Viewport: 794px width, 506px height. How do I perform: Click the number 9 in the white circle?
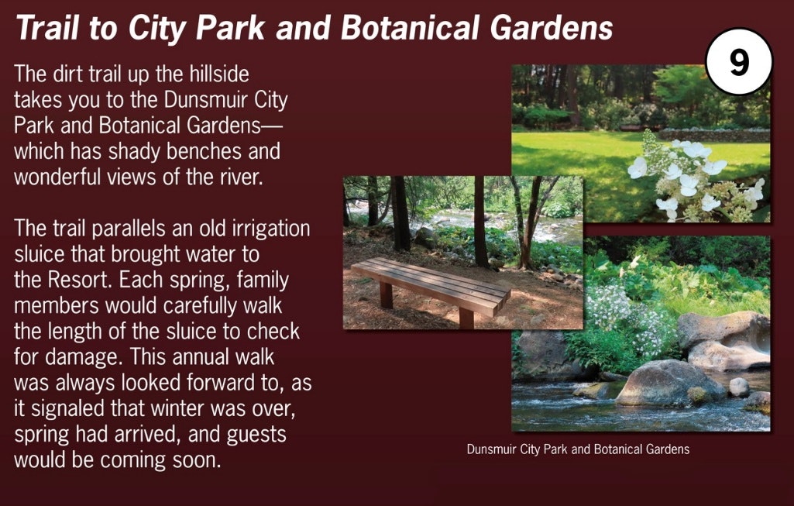739,62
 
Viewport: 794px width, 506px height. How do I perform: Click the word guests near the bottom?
256,435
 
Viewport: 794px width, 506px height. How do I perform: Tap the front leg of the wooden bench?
466,317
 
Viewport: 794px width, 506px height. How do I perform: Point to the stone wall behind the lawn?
714,135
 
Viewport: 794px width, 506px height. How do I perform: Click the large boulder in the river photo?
669,383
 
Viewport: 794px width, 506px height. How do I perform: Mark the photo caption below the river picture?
578,449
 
